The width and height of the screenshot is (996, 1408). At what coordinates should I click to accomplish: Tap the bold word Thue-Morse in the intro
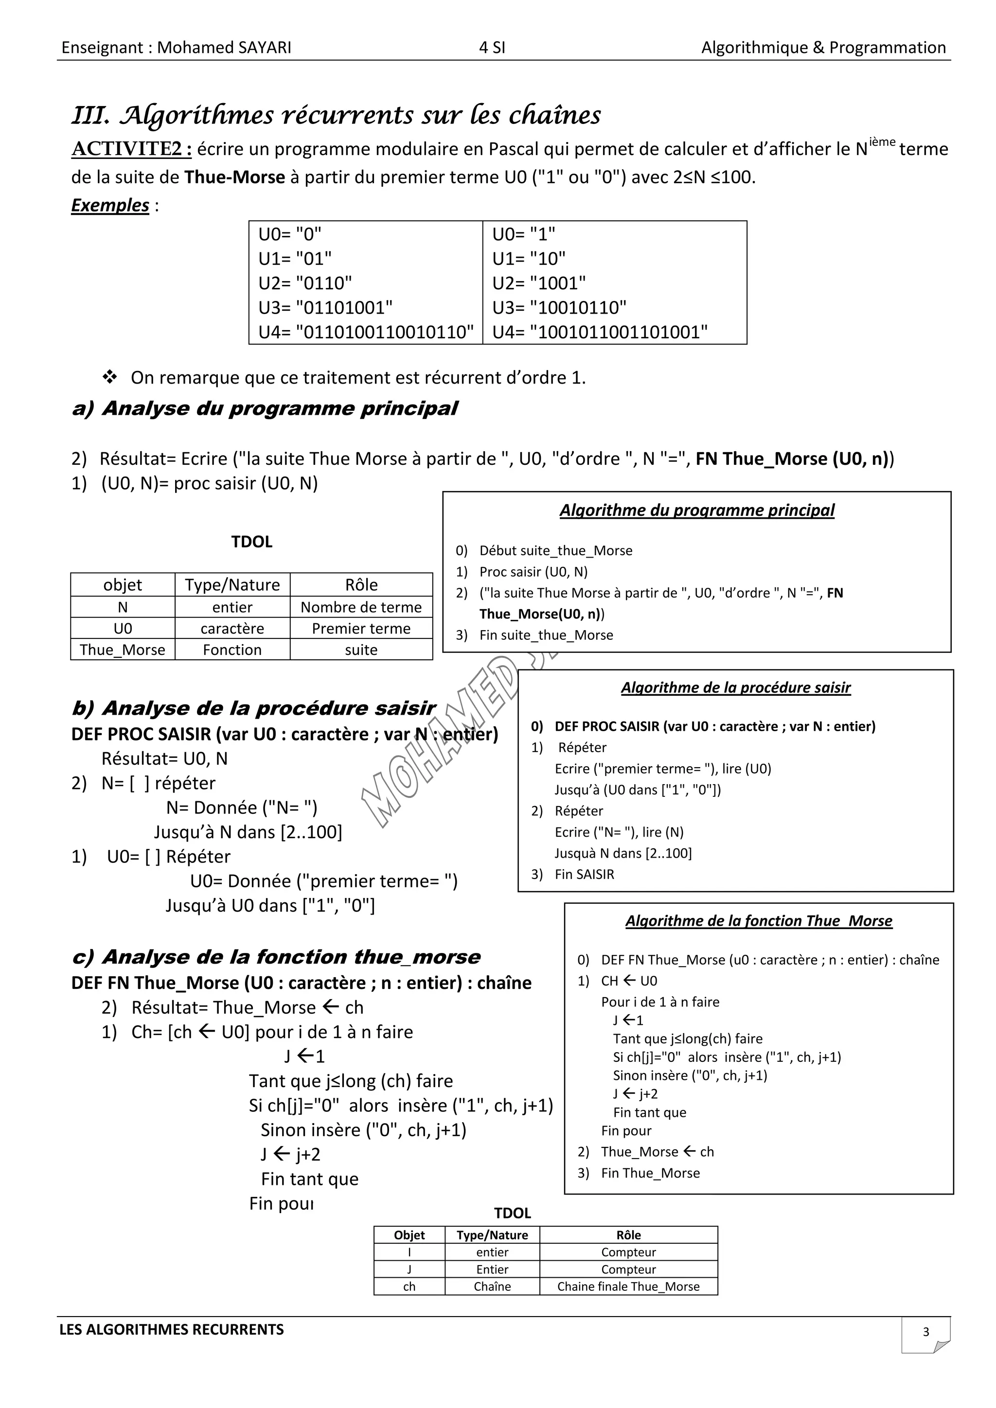234,177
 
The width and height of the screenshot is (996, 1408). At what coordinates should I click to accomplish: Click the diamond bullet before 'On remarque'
110,377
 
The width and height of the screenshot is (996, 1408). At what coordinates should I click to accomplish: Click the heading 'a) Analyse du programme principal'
265,408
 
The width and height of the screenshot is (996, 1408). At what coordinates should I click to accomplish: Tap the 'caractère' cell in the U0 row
232,629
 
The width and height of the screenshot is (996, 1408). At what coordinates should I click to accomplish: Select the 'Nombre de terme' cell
361,607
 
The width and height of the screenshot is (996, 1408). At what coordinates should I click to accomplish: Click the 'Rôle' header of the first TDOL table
361,584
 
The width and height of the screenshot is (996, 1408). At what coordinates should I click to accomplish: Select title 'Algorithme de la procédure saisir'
735,687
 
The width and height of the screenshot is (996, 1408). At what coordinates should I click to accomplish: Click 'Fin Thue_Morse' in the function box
650,1173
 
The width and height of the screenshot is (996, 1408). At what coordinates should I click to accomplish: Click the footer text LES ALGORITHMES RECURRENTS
172,1330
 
